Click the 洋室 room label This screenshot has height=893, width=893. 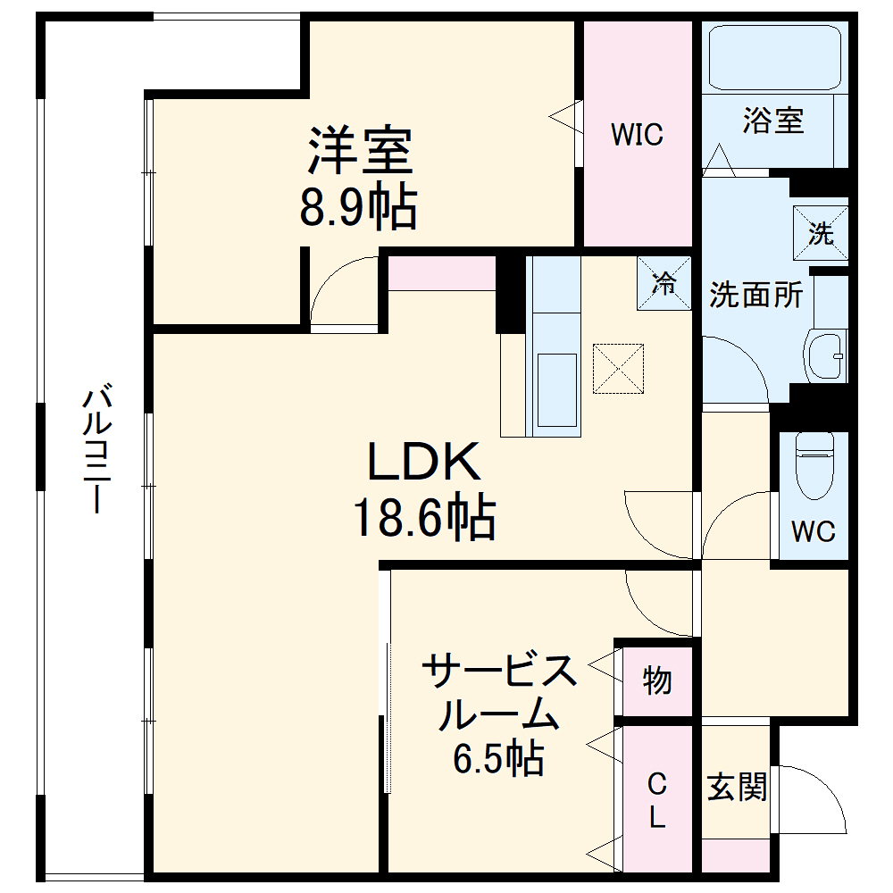(360, 151)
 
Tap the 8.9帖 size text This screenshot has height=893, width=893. (357, 208)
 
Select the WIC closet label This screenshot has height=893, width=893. (637, 135)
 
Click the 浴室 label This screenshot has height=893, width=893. (773, 121)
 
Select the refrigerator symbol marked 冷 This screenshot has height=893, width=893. (663, 283)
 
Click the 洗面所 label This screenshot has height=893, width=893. (755, 295)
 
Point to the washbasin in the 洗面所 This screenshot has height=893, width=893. (825, 357)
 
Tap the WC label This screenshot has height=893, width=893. (813, 531)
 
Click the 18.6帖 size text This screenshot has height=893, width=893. (424, 518)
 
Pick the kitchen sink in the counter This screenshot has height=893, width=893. (555, 388)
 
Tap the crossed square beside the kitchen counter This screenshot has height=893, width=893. (619, 368)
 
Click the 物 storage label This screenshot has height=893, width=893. (657, 681)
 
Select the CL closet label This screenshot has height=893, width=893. (657, 800)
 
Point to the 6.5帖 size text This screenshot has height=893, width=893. (497, 759)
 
